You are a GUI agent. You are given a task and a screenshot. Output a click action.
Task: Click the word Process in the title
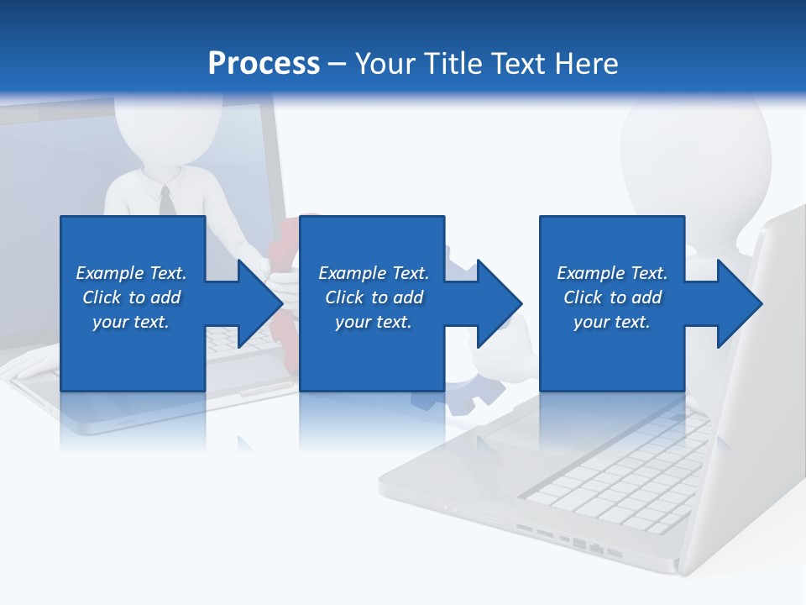tap(264, 64)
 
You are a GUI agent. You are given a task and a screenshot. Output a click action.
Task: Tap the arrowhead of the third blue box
tap(738, 303)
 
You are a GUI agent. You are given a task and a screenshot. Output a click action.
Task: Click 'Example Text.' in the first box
tap(131, 273)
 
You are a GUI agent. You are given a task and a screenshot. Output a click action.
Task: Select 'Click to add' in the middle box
tap(374, 297)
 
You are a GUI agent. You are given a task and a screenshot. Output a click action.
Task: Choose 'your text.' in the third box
tap(612, 322)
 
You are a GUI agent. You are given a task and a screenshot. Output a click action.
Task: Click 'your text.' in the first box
tap(131, 322)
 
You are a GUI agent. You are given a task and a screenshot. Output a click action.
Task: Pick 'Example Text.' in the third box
tap(612, 273)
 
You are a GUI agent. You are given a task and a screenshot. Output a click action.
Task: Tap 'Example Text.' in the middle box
tap(374, 273)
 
